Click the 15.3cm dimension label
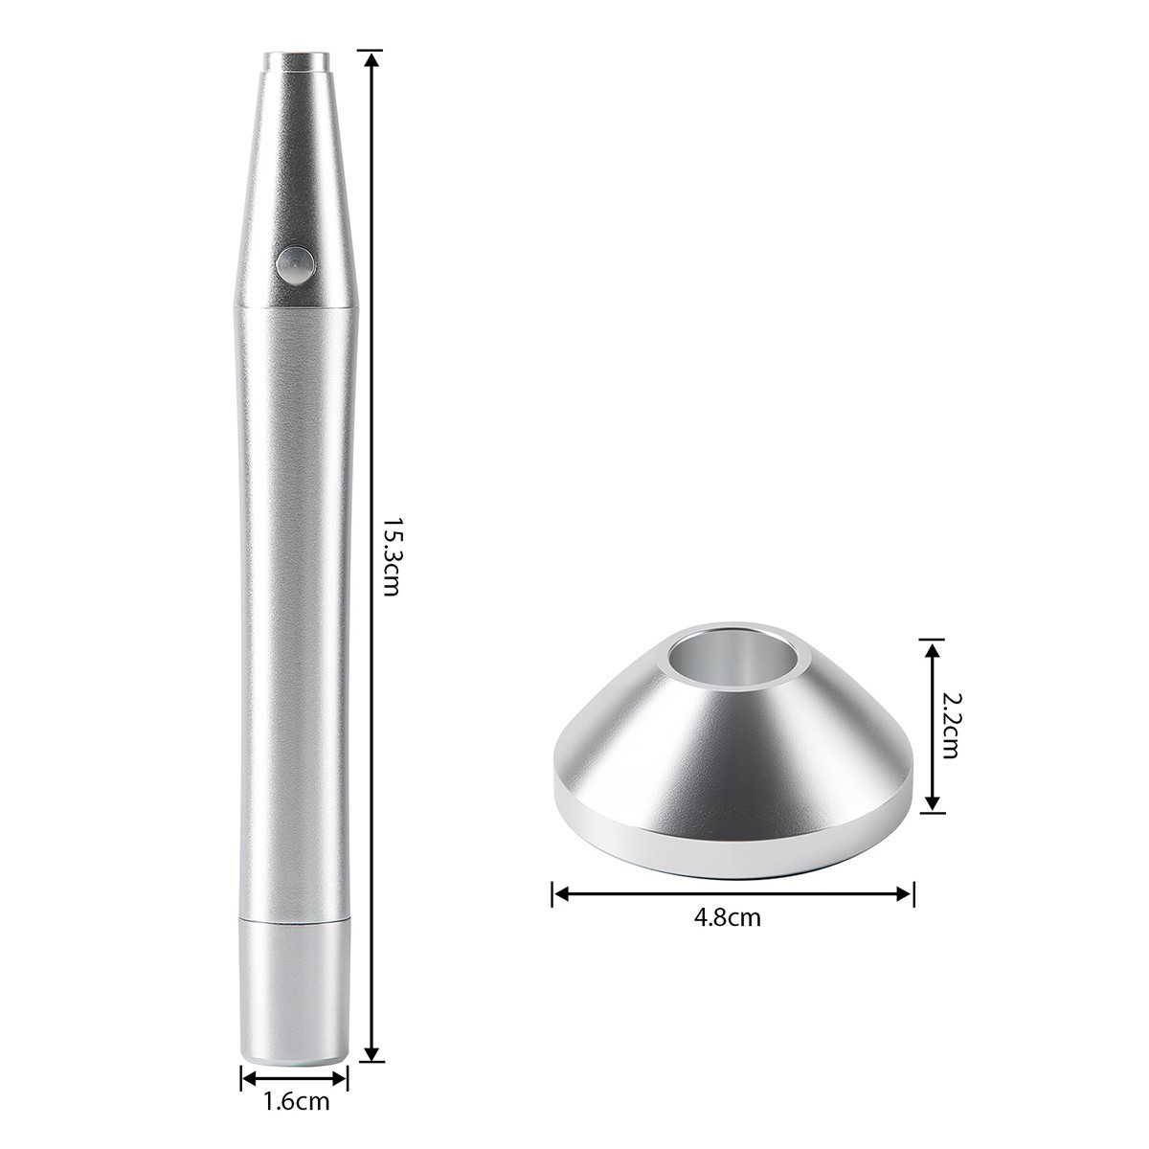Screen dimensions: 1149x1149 tap(390, 557)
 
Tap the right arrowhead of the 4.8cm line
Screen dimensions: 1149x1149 tap(908, 894)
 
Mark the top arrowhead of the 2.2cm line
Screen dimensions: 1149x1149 tap(928, 647)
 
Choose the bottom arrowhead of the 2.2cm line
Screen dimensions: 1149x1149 tap(928, 806)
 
